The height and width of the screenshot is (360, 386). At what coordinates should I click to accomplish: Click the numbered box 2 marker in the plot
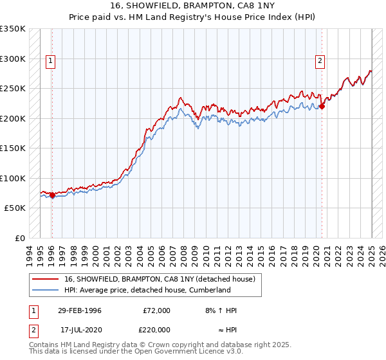click(320, 62)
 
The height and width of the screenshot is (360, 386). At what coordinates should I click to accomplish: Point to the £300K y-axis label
click(13, 59)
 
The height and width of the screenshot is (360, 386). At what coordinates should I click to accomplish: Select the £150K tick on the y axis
click(13, 148)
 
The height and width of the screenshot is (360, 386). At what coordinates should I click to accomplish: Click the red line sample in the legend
click(45, 279)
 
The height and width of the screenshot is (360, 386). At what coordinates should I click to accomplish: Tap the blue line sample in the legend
click(45, 290)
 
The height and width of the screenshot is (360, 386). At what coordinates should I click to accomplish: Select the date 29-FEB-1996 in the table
click(79, 310)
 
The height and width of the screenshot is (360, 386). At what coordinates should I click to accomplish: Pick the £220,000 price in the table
click(156, 329)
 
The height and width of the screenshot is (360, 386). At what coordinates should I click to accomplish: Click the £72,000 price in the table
click(156, 310)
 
